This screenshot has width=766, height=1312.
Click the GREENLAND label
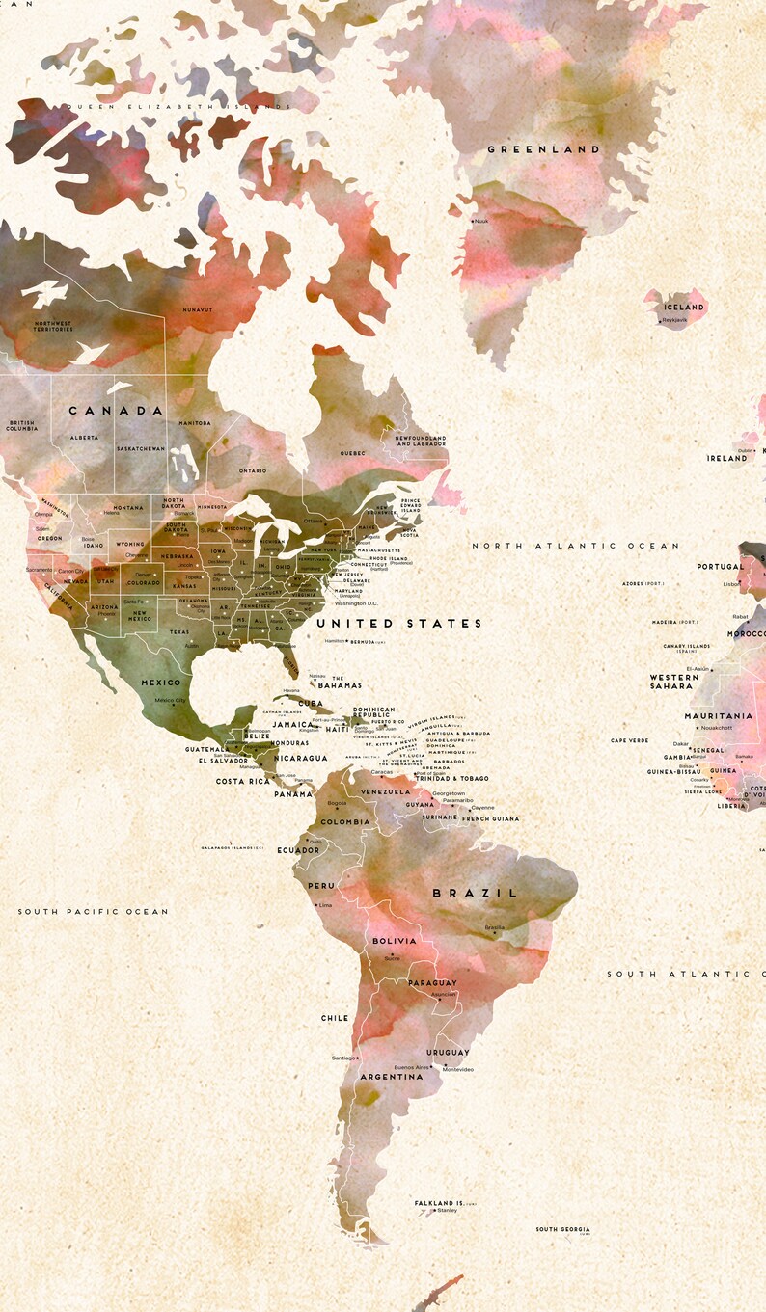(544, 149)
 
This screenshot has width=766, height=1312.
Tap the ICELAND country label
(684, 307)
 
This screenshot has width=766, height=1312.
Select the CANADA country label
(117, 411)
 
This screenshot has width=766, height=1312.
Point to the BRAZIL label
(475, 893)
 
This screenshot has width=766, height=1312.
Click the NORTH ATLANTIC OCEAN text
(576, 546)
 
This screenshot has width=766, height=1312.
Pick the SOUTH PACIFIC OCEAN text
(93, 911)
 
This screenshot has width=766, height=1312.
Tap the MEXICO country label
(160, 683)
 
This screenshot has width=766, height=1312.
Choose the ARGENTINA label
(392, 1076)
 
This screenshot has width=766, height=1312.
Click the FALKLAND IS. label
(440, 1203)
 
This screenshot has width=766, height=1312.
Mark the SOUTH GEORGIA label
(563, 1229)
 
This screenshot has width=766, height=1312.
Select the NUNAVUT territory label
(198, 309)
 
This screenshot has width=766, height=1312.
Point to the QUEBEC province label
(352, 453)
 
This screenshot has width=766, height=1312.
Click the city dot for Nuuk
(472, 221)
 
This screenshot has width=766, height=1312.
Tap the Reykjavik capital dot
(660, 321)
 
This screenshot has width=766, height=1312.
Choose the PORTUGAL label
(721, 567)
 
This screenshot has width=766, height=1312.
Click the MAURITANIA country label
(719, 716)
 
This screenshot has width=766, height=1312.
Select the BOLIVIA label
(395, 941)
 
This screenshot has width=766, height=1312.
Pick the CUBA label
(311, 703)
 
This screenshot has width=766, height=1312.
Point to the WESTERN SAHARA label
(672, 682)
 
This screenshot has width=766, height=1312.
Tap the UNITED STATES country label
(399, 624)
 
